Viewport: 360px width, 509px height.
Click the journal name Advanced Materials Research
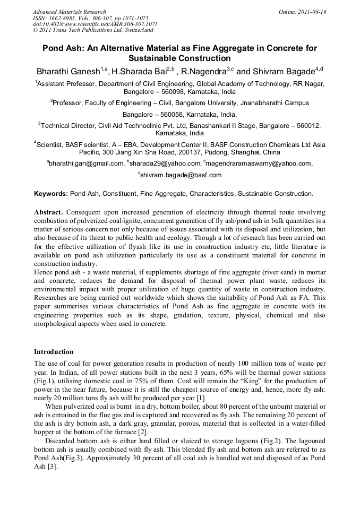tap(69, 12)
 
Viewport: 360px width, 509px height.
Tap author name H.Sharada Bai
tap(139, 72)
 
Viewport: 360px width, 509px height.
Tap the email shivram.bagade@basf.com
tap(181, 175)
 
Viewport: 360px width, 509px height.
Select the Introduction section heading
tap(54, 351)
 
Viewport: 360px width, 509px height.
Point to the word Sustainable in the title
tap(152, 58)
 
